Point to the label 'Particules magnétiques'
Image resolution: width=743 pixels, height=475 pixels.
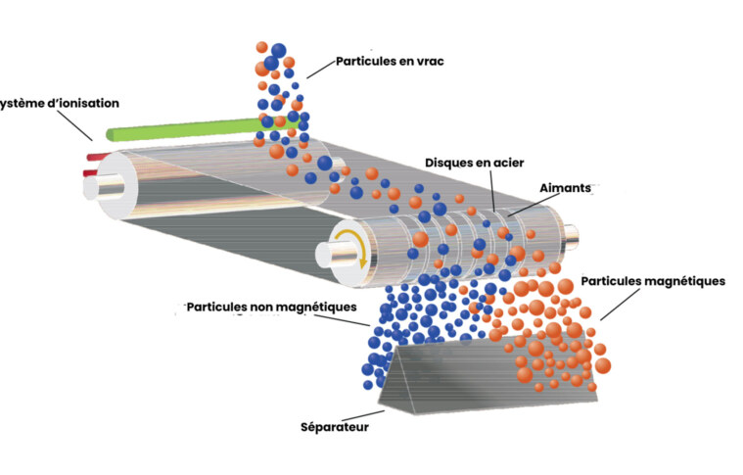[653, 280]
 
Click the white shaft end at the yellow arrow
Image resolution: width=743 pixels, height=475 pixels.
[333, 254]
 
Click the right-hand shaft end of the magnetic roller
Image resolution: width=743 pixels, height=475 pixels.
[580, 239]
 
